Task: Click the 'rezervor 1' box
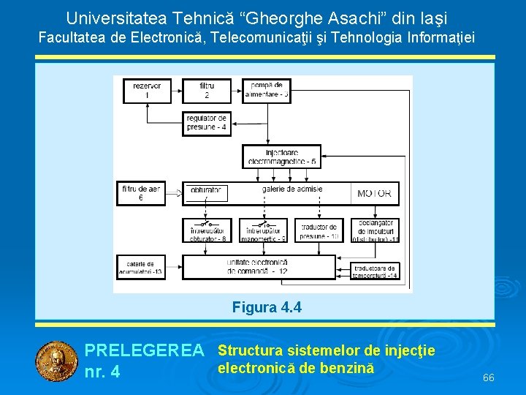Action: (x=147, y=91)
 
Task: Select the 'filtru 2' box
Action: (x=207, y=91)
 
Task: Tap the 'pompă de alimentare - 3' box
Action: (x=266, y=91)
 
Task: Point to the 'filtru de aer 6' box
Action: (x=140, y=193)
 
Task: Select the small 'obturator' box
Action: (x=206, y=192)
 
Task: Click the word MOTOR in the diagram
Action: (x=374, y=194)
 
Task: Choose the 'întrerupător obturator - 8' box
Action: (x=207, y=230)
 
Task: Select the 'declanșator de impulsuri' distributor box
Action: (x=375, y=230)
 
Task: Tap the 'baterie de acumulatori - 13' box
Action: (x=140, y=267)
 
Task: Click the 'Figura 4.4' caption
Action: (x=266, y=307)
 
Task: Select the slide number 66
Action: (x=489, y=377)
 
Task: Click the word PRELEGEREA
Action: (x=144, y=351)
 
